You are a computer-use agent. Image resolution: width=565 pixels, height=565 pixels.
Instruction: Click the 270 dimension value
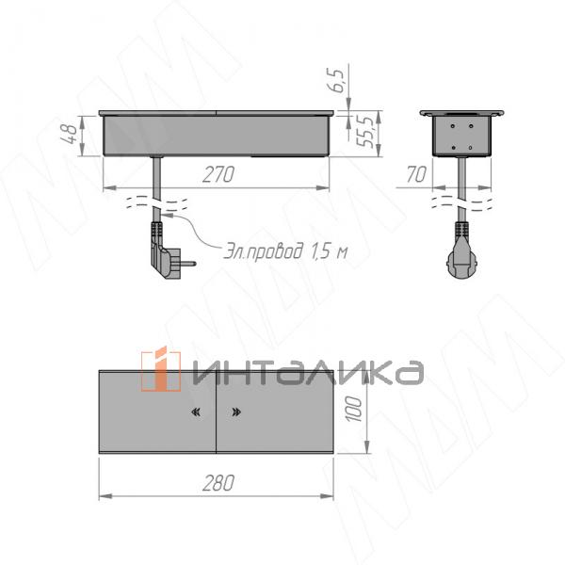(218, 174)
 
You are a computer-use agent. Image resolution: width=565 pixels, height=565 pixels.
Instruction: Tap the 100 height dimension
(352, 411)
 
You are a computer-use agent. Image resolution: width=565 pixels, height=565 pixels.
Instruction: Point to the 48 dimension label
(69, 134)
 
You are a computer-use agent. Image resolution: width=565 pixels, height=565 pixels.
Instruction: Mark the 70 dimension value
(414, 174)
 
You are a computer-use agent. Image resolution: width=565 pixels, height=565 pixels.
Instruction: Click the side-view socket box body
(461, 135)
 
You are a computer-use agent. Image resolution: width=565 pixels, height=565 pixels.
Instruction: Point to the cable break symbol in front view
(156, 201)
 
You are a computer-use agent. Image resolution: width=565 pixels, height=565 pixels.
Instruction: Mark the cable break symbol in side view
(461, 201)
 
